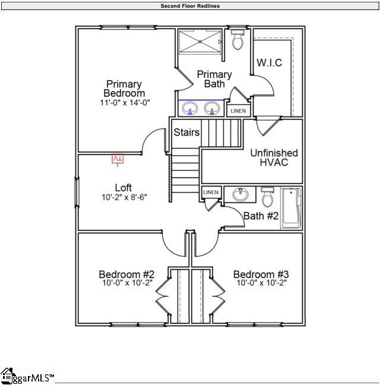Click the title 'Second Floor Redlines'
point(190,6)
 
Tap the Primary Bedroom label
point(124,89)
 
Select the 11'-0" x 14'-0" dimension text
point(125,102)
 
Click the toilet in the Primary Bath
point(238,40)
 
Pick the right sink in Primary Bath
point(211,108)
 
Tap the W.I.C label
point(269,63)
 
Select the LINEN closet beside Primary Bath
point(238,111)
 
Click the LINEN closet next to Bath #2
point(211,192)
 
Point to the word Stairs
point(186,132)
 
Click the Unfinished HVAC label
point(273,157)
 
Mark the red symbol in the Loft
point(118,159)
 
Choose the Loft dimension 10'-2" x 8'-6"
point(123,197)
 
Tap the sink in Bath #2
point(240,195)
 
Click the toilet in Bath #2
point(268,196)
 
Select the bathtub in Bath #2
point(291,208)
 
